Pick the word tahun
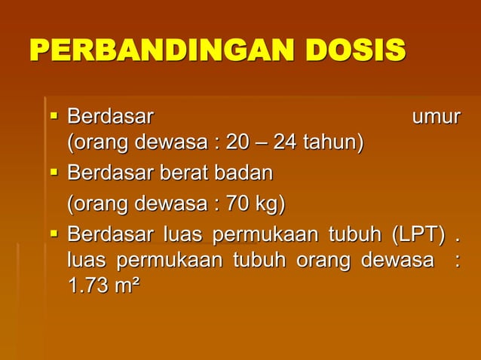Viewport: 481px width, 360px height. [332, 142]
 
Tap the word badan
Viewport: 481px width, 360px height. [243, 174]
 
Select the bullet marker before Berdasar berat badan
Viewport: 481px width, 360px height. [53, 173]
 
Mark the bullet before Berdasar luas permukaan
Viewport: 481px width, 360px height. [53, 234]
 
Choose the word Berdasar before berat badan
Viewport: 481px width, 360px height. [110, 174]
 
